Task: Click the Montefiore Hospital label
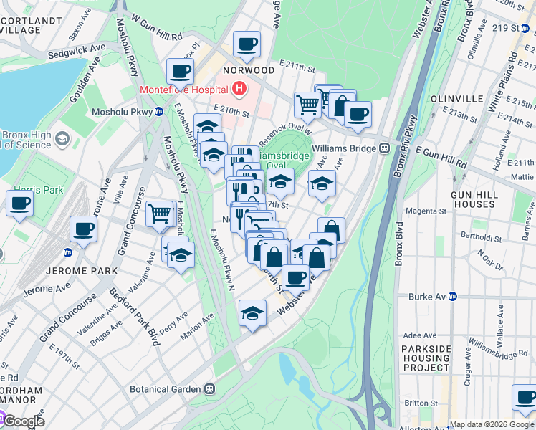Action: click(x=184, y=90)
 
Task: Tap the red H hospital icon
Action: click(x=239, y=90)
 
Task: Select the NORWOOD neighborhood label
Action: click(x=249, y=70)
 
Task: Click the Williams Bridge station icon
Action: click(x=384, y=148)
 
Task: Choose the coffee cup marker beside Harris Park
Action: click(x=19, y=202)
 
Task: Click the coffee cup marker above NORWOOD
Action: click(x=247, y=44)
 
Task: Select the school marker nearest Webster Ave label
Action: click(x=252, y=313)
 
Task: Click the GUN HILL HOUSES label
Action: click(x=483, y=199)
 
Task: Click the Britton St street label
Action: click(x=420, y=403)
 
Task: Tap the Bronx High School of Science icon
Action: click(x=62, y=138)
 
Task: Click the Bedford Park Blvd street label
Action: click(x=133, y=317)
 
